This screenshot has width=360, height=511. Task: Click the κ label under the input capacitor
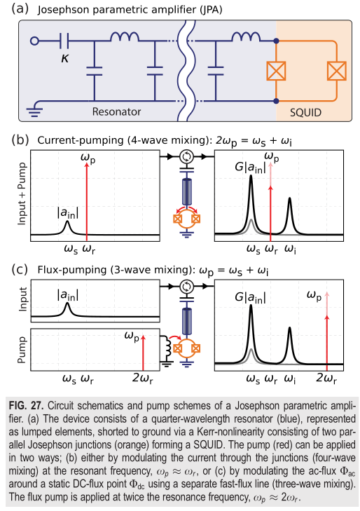tap(65, 58)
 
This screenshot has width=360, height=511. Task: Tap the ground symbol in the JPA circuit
tap(34, 111)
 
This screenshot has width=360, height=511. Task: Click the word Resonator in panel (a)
tap(116, 111)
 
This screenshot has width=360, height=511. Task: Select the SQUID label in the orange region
tap(305, 112)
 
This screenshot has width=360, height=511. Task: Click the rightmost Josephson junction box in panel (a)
tap(337, 71)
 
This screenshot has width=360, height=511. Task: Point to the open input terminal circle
tap(34, 41)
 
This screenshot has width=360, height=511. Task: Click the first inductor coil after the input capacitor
tap(125, 37)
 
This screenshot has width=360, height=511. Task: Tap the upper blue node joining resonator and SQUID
tap(276, 41)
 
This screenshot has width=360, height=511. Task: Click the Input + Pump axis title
tap(22, 194)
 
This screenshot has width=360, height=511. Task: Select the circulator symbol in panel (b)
tap(187, 157)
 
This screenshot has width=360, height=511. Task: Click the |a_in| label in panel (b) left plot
tap(68, 213)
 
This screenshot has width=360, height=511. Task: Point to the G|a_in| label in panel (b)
tap(250, 168)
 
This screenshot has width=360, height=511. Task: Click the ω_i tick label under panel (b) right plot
tap(290, 250)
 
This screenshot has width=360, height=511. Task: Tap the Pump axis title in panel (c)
tap(22, 350)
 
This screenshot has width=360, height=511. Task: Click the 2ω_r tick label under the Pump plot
tap(143, 379)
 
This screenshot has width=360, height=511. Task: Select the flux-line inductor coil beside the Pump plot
tap(168, 348)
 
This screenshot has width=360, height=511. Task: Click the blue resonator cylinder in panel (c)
tap(187, 322)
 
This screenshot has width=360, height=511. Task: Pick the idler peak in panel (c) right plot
tap(290, 345)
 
